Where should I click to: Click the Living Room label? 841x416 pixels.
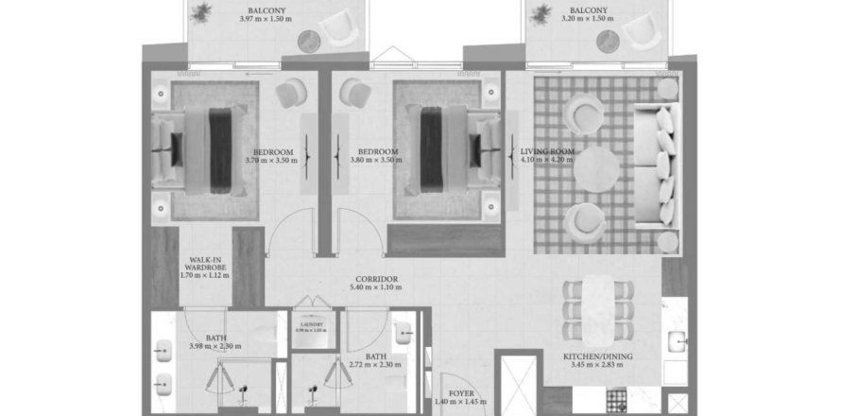(x=546, y=151)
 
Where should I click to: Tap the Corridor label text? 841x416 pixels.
(x=376, y=280)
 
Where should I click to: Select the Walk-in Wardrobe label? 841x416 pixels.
(x=206, y=263)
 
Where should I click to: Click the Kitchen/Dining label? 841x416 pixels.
(x=592, y=357)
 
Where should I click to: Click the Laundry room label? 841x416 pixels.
(x=311, y=323)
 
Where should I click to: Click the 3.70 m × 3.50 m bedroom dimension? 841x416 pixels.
(x=271, y=162)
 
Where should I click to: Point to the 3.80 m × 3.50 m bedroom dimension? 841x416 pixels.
(x=376, y=162)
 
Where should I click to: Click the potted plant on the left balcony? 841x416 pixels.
(x=200, y=12)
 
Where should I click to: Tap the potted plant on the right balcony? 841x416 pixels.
(x=541, y=12)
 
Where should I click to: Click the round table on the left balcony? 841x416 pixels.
(x=310, y=40)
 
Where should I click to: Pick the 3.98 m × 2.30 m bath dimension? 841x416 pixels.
(x=216, y=347)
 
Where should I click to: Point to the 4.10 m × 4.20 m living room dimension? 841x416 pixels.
(x=546, y=162)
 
